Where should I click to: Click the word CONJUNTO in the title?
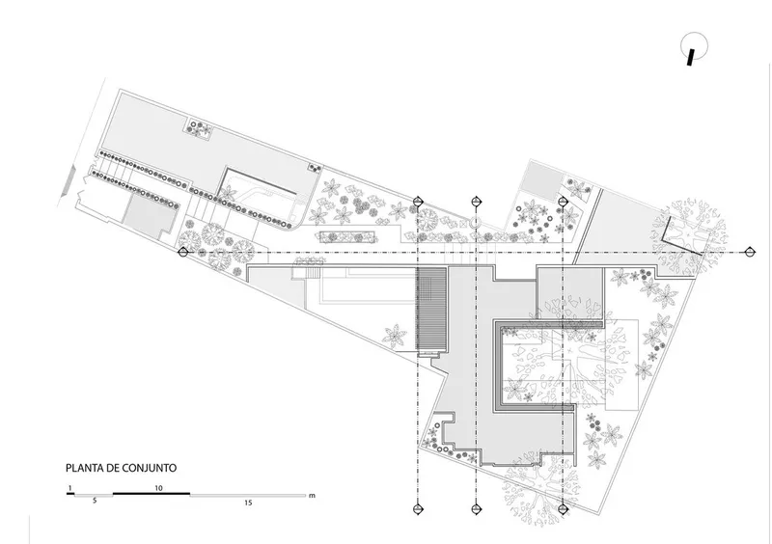coord(150,468)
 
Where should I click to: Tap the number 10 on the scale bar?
coord(158,488)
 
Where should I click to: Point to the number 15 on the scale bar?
coord(248,503)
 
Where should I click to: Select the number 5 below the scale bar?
coord(95,501)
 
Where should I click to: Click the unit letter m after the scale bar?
coord(312,496)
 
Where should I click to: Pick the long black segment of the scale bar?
coord(152,493)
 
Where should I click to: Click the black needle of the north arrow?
coord(691,57)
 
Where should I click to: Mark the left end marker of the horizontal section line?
coord(183,252)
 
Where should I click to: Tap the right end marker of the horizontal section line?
coord(750,252)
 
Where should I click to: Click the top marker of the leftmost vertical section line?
coord(418,201)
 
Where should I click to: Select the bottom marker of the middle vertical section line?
coord(476,509)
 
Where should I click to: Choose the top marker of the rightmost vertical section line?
coord(564,201)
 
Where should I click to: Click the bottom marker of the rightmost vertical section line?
coord(564,509)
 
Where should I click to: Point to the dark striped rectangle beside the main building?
coord(431,310)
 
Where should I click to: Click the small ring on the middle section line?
coord(476,223)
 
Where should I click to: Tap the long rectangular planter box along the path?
coord(347,237)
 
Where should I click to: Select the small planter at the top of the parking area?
coord(199,128)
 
